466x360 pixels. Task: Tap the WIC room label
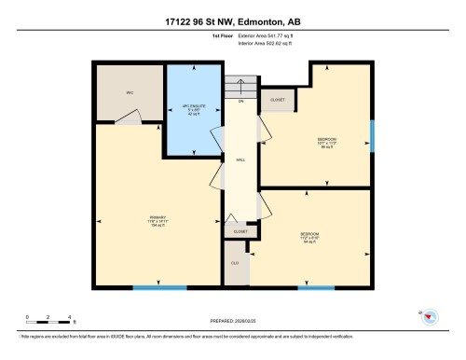(130, 93)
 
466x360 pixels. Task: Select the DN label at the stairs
(240, 100)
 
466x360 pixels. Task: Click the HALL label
(240, 159)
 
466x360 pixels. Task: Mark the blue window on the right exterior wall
(371, 135)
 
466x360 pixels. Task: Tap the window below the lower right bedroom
(315, 287)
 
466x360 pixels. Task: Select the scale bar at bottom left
(49, 316)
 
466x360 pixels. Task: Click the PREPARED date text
(232, 317)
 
